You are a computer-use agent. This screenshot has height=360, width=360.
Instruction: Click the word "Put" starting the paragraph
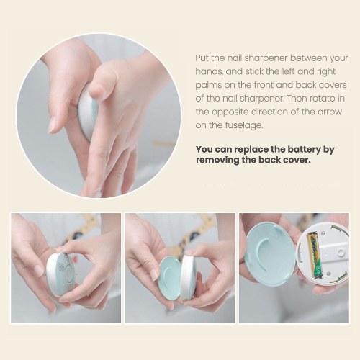pyautogui.click(x=202, y=58)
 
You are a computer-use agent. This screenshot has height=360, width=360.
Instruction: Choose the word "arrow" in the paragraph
pyautogui.click(x=330, y=112)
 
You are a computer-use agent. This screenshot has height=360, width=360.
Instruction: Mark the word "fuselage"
pyautogui.click(x=244, y=125)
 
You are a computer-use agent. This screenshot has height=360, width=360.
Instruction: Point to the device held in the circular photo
pyautogui.click(x=89, y=114)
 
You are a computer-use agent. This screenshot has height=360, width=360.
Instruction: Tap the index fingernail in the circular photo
pyautogui.click(x=53, y=125)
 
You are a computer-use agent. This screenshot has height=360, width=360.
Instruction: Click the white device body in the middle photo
pyautogui.click(x=189, y=276)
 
